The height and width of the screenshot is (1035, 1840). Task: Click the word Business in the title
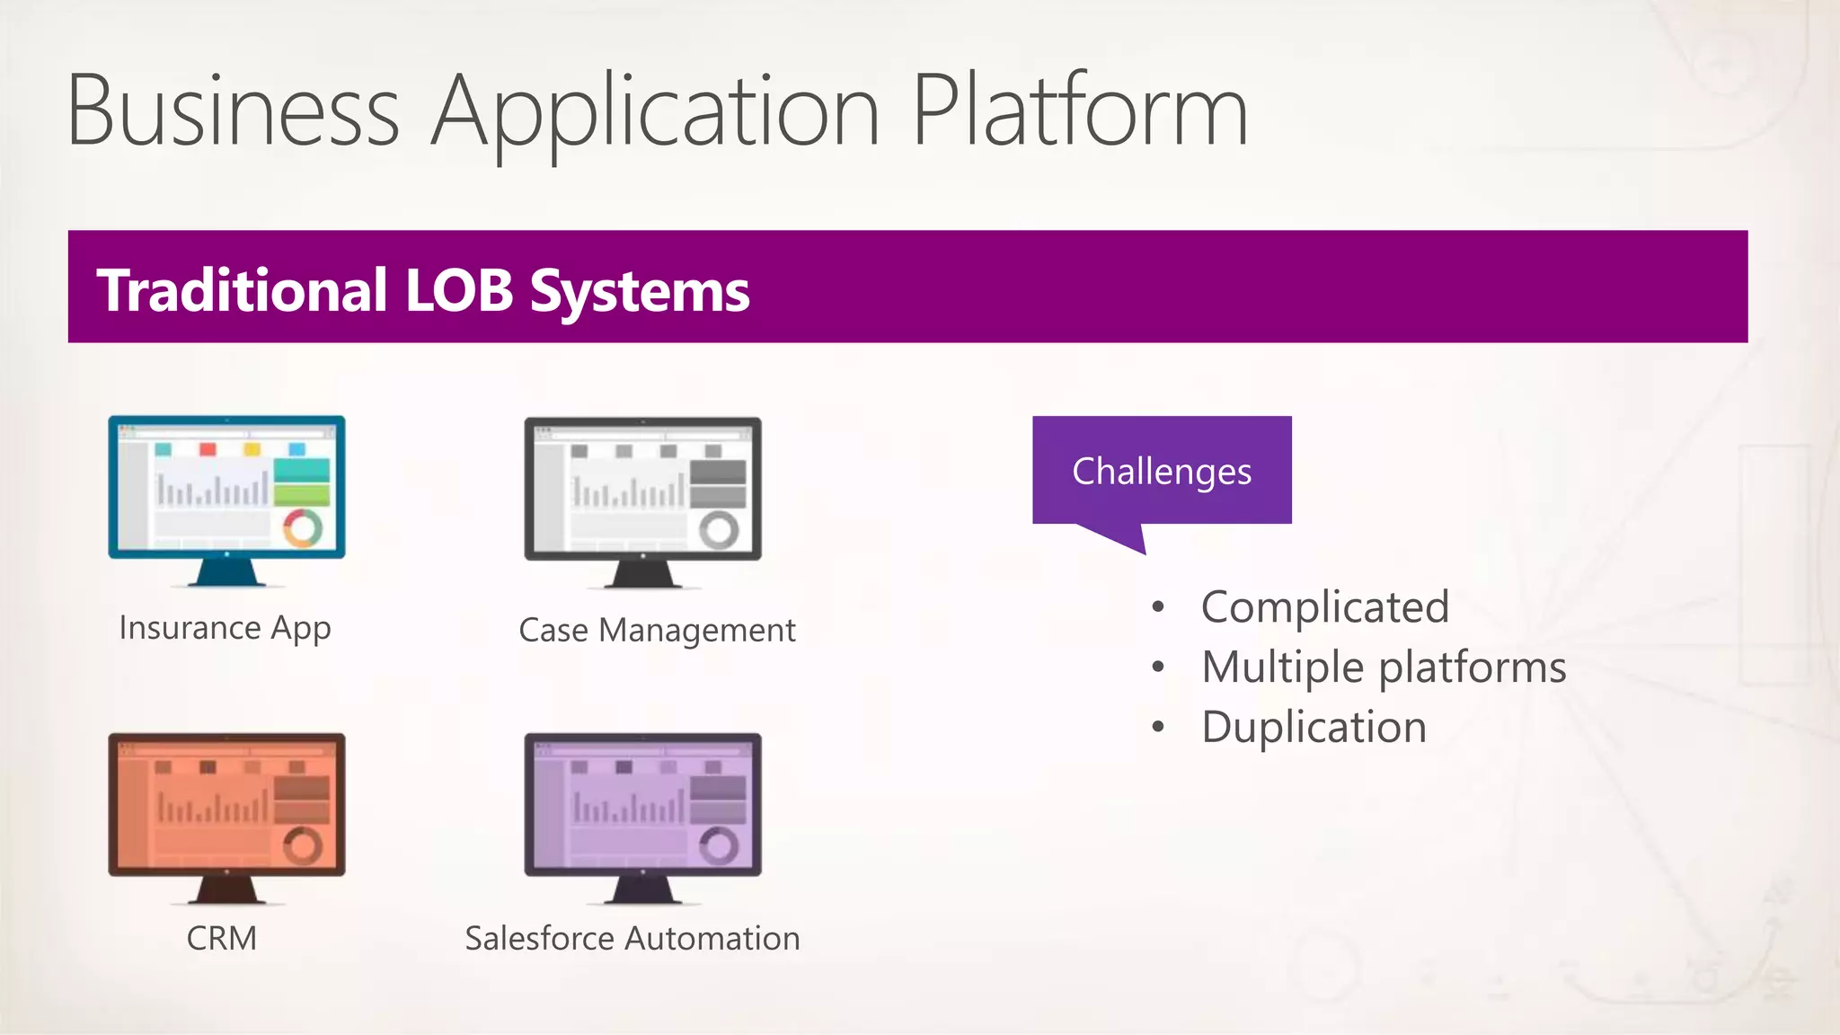pyautogui.click(x=233, y=111)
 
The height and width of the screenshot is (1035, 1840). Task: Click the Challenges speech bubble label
pyautogui.click(x=1161, y=471)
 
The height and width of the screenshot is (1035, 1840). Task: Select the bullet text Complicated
pyautogui.click(x=1324, y=607)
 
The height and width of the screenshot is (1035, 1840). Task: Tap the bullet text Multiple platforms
pyautogui.click(x=1384, y=668)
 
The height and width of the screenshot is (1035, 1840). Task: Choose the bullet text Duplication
pyautogui.click(x=1314, y=727)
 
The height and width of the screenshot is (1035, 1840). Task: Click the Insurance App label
pyautogui.click(x=225, y=628)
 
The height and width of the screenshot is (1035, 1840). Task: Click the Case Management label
pyautogui.click(x=657, y=631)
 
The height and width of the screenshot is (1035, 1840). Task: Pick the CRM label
pyautogui.click(x=221, y=939)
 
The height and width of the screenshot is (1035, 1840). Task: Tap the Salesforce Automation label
pyautogui.click(x=632, y=939)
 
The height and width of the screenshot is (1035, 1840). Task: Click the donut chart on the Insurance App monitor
pyautogui.click(x=303, y=528)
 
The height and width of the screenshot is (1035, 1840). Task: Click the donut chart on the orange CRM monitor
pyautogui.click(x=303, y=845)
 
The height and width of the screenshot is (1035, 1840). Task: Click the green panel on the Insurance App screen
pyautogui.click(x=302, y=495)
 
